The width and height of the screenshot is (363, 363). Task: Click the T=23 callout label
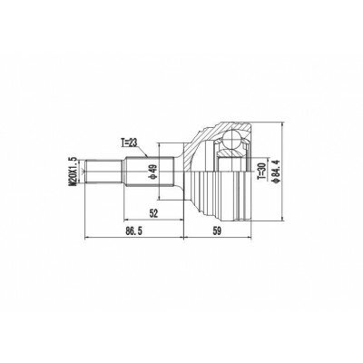[129, 142]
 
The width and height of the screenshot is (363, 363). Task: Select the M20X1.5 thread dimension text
[73, 172]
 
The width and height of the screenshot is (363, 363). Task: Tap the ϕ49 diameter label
[152, 172]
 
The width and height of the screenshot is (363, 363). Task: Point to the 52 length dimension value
[153, 213]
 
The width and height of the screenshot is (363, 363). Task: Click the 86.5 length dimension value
[133, 231]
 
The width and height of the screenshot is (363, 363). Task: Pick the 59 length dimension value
[217, 231]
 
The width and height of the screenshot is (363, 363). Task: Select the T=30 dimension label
[262, 172]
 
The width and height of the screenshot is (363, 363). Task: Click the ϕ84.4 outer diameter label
[276, 172]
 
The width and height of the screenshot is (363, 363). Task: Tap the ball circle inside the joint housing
[231, 140]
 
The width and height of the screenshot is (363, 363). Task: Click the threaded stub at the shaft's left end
[104, 172]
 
